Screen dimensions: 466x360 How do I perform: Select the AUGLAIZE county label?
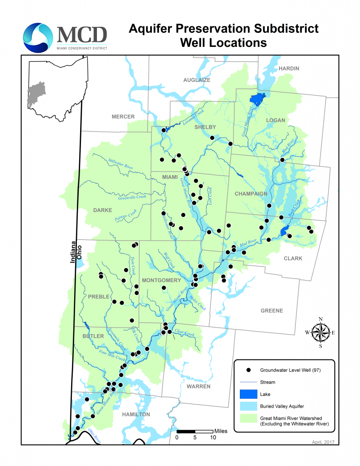(197, 80)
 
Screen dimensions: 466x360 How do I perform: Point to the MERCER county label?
(123, 117)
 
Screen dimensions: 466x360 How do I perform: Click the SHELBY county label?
(205, 127)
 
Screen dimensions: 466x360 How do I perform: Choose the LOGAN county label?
(275, 121)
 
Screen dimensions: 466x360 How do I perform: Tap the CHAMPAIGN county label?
(251, 194)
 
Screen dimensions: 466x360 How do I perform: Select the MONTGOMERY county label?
(162, 280)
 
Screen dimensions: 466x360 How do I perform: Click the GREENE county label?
(271, 311)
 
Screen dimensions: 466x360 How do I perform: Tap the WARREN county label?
(198, 386)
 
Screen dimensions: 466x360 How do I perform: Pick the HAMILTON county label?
(136, 415)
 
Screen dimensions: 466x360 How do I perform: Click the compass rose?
(321, 333)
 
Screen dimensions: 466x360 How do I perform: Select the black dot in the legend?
(249, 370)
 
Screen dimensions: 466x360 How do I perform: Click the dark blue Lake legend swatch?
(249, 395)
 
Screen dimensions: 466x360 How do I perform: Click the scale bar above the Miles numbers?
(195, 431)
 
